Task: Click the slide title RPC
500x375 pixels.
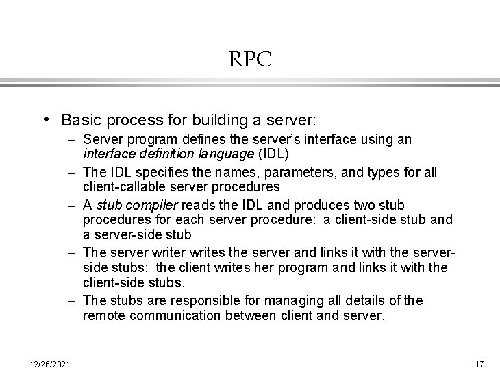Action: (250, 60)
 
